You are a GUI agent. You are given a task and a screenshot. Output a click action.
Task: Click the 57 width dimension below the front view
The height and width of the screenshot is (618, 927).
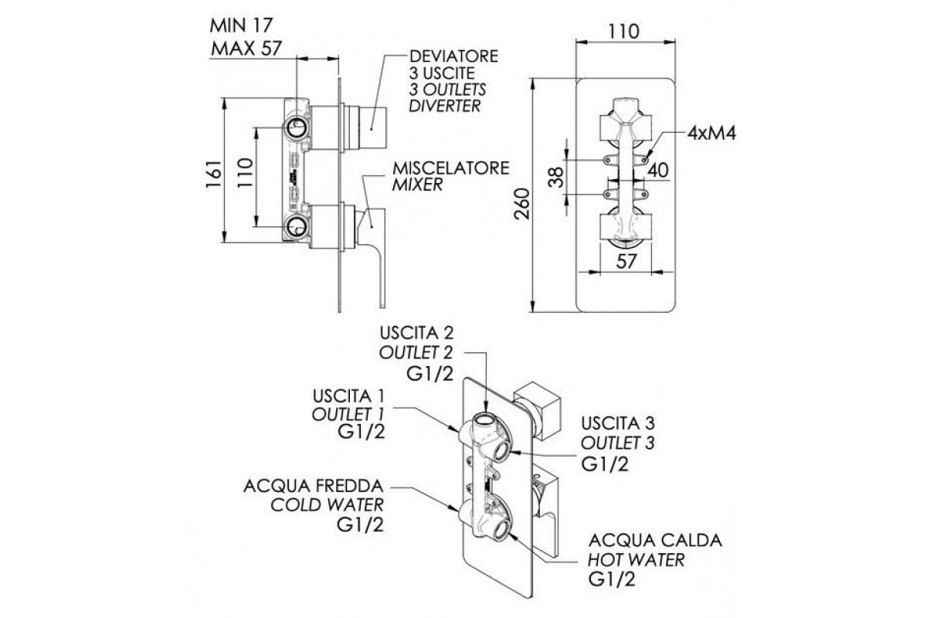tap(627, 261)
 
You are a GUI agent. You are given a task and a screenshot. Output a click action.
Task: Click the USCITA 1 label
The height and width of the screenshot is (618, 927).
tap(349, 396)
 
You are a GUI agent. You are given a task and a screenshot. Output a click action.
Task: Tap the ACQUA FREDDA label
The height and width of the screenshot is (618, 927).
tap(313, 488)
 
